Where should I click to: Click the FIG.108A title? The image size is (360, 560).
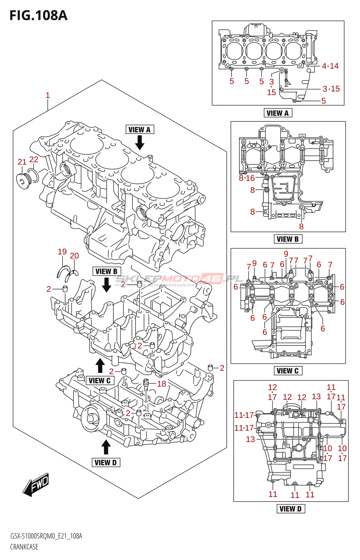[x=38, y=15]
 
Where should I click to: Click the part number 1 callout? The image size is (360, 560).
[x=48, y=95]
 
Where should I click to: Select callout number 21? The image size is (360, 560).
[x=22, y=162]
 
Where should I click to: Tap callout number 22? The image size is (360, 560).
[x=34, y=160]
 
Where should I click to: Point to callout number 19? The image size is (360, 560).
[x=62, y=252]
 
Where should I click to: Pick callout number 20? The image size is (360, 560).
[x=74, y=256]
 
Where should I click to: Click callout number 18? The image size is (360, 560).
[x=161, y=384]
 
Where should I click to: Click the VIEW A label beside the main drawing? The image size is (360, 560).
[x=139, y=130]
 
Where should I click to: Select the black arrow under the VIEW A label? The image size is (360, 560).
[x=140, y=142]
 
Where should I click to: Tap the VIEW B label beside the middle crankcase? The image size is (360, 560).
[x=106, y=272]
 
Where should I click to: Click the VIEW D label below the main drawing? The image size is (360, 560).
[x=105, y=463]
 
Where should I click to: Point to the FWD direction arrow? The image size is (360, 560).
[x=36, y=484]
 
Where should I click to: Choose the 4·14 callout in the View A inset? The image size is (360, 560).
[x=330, y=66]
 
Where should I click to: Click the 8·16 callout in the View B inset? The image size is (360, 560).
[x=247, y=178]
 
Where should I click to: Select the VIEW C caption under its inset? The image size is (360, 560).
[x=288, y=371]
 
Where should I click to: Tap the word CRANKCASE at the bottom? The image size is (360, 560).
[x=24, y=547]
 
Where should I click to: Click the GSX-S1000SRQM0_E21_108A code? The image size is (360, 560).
[x=46, y=536]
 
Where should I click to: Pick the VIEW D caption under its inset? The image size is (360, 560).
[x=291, y=509]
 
